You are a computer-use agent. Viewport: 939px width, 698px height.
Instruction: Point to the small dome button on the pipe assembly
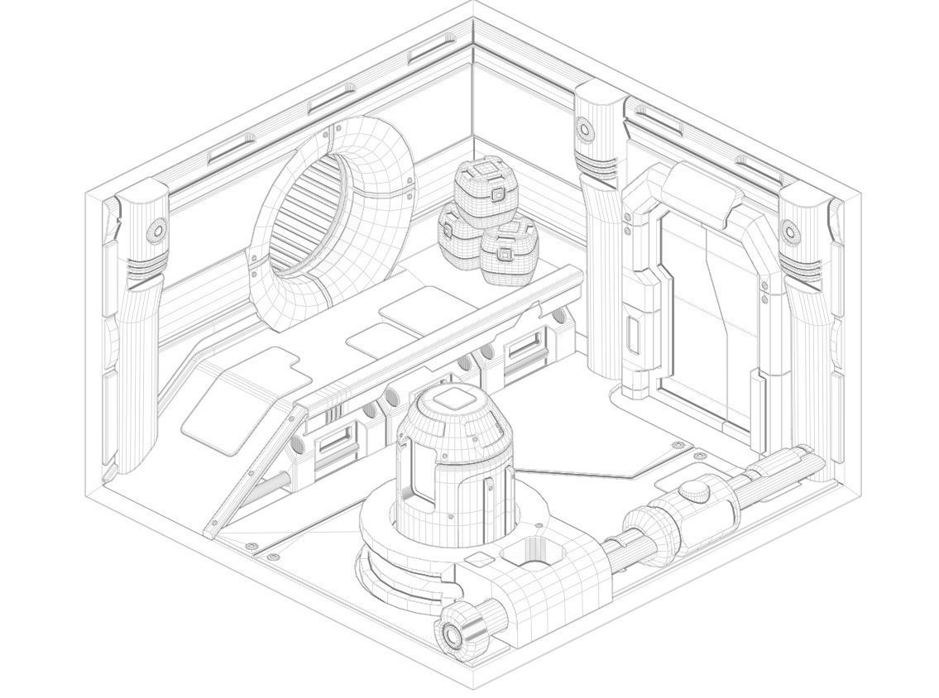click(694, 490)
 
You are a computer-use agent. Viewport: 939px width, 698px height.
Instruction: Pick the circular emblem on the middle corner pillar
click(585, 129)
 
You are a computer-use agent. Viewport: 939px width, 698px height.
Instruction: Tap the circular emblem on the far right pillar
click(790, 232)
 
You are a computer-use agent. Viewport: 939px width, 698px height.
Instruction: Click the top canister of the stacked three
click(486, 187)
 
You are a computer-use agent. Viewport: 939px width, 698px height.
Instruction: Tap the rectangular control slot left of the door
click(634, 333)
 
